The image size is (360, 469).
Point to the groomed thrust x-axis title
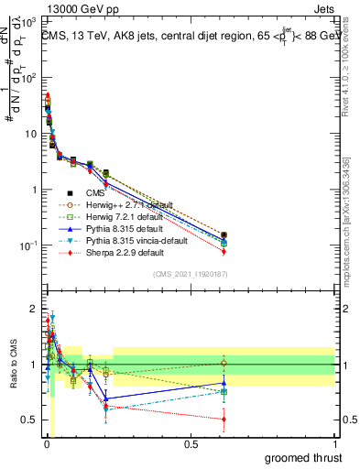click(302, 457)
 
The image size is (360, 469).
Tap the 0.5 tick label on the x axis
click(191, 445)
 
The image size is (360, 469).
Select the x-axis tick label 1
click(335, 445)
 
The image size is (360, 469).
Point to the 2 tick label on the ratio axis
click(32, 309)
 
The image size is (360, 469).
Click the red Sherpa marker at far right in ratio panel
click(327, 420)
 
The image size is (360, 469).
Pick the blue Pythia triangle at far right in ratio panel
click(327, 383)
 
